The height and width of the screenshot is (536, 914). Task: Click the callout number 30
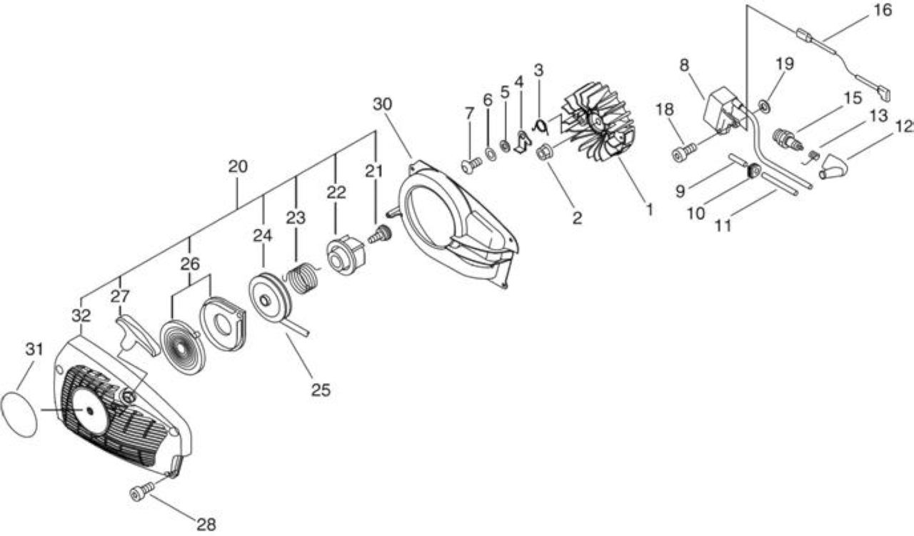coord(382,104)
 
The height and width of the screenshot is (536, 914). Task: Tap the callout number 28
coord(206,524)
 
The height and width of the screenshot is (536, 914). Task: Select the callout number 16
coord(883,10)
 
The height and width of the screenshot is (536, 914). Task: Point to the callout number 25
coord(321,389)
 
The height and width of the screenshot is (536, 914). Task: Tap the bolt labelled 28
coord(142,490)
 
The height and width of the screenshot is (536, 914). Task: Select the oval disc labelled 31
coord(19,415)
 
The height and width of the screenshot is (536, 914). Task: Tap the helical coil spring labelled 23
coord(303,278)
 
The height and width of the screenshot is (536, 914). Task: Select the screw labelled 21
coord(381,234)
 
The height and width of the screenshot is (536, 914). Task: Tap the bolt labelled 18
coord(683,152)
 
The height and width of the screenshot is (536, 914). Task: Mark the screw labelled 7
coord(472,166)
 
